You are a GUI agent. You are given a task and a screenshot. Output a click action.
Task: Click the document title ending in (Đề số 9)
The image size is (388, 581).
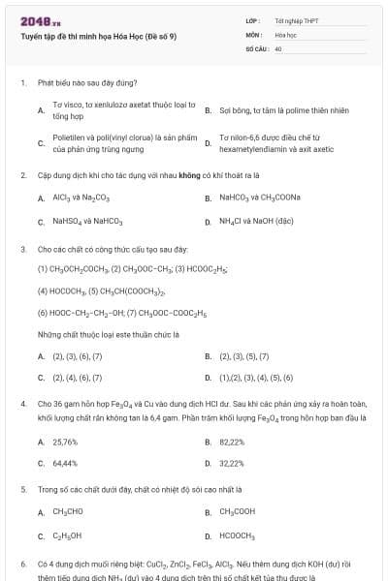[x=98, y=37]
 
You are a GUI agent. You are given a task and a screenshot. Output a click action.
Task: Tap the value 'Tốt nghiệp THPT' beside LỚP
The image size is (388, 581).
[x=297, y=20]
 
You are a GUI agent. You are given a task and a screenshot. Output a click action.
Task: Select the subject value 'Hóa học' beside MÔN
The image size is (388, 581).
[x=285, y=34]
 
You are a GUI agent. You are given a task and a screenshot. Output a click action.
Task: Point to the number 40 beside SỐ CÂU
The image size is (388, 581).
[x=278, y=47]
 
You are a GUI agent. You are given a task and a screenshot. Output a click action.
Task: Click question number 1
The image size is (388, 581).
[x=22, y=83]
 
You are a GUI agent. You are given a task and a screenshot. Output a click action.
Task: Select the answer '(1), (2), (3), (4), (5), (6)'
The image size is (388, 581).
[x=256, y=379]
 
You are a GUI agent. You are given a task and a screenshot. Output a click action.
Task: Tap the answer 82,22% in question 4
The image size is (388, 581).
[x=232, y=442]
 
